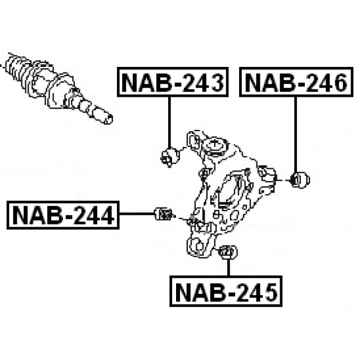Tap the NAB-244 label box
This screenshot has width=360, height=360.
62,215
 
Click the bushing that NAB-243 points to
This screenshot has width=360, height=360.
169,156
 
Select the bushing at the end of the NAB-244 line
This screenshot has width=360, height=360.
163,214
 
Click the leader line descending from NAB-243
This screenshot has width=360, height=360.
170,121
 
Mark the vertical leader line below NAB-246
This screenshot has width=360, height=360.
296,135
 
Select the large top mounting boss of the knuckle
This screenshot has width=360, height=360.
217,148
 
